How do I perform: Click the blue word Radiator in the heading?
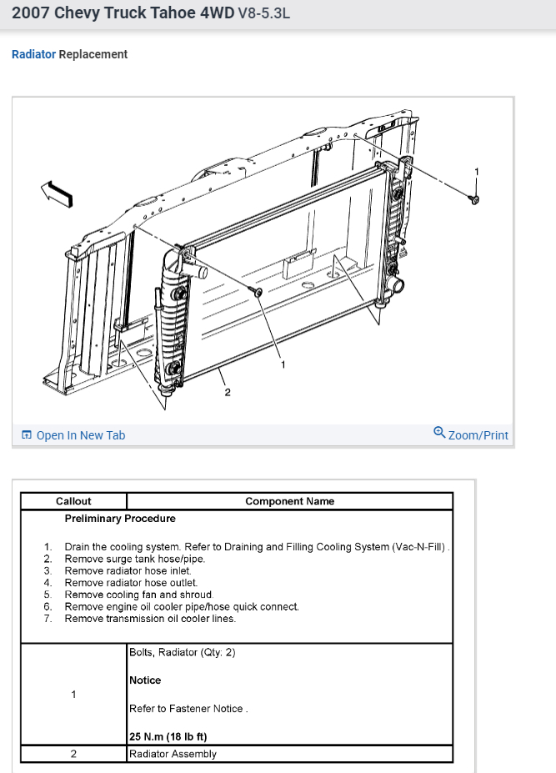(x=33, y=54)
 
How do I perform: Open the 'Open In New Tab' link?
(x=80, y=435)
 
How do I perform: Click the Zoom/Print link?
(x=478, y=435)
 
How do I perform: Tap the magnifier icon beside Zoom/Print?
(x=439, y=433)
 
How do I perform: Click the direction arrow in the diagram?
(x=58, y=193)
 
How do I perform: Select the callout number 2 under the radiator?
(x=228, y=394)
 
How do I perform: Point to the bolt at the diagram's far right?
(x=474, y=198)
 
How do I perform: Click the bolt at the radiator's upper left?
(x=258, y=292)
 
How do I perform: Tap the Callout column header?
(x=73, y=501)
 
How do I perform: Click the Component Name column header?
(x=289, y=501)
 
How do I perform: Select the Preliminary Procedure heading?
(x=120, y=519)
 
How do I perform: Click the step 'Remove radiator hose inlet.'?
(x=122, y=571)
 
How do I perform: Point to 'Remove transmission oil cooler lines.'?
(x=150, y=619)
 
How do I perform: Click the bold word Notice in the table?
(x=145, y=680)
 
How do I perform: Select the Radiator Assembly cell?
(x=173, y=754)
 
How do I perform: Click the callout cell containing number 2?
(x=73, y=754)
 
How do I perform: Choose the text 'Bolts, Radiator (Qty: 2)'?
(x=182, y=652)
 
